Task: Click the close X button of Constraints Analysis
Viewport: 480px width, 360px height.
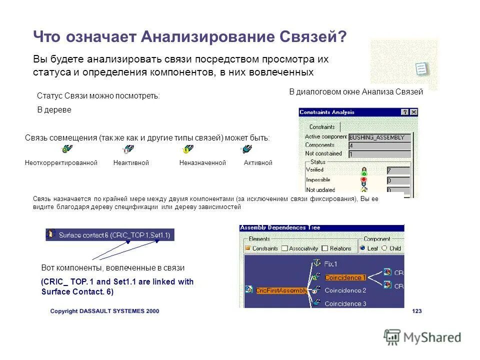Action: [413, 112]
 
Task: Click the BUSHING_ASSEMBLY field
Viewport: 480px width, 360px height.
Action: [380, 137]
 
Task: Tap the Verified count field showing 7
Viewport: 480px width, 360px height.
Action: [398, 170]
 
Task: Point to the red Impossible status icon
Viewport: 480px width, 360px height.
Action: [364, 180]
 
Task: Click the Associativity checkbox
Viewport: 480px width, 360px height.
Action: [284, 248]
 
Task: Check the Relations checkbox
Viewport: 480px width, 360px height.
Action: [325, 248]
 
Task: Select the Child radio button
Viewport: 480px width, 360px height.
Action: [384, 248]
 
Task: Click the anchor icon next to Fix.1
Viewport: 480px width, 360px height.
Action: [316, 263]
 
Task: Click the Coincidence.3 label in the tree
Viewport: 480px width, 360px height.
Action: [345, 303]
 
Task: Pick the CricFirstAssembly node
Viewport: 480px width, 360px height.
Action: [280, 290]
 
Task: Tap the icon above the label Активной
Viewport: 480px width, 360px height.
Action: [246, 149]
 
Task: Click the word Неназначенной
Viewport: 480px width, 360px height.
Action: [202, 163]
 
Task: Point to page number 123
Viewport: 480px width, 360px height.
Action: [416, 311]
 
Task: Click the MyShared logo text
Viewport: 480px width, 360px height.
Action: [432, 337]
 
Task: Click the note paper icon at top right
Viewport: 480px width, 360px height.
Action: [421, 69]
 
